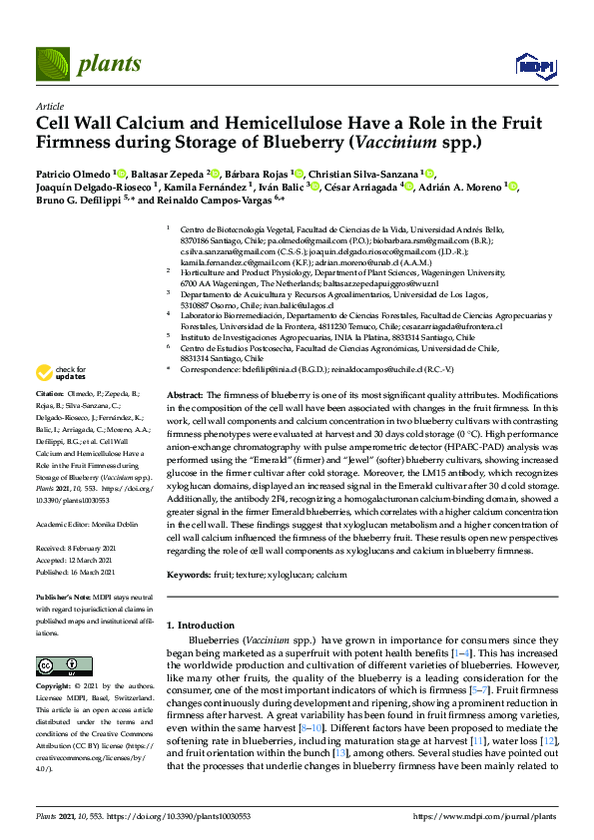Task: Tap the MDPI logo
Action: pyautogui.click(x=535, y=67)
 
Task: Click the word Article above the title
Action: pyautogui.click(x=49, y=106)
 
